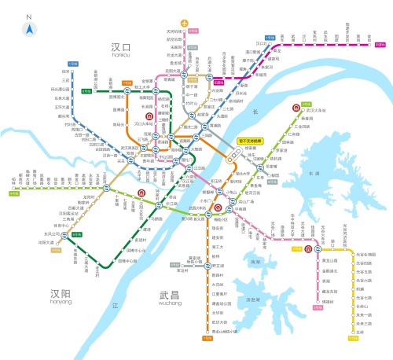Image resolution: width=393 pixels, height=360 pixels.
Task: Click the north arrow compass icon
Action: pyautogui.click(x=28, y=27)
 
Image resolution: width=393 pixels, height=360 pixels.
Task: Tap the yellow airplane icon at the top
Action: pyautogui.click(x=185, y=23)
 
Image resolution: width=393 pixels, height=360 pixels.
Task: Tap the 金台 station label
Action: pyautogui.click(x=370, y=35)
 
